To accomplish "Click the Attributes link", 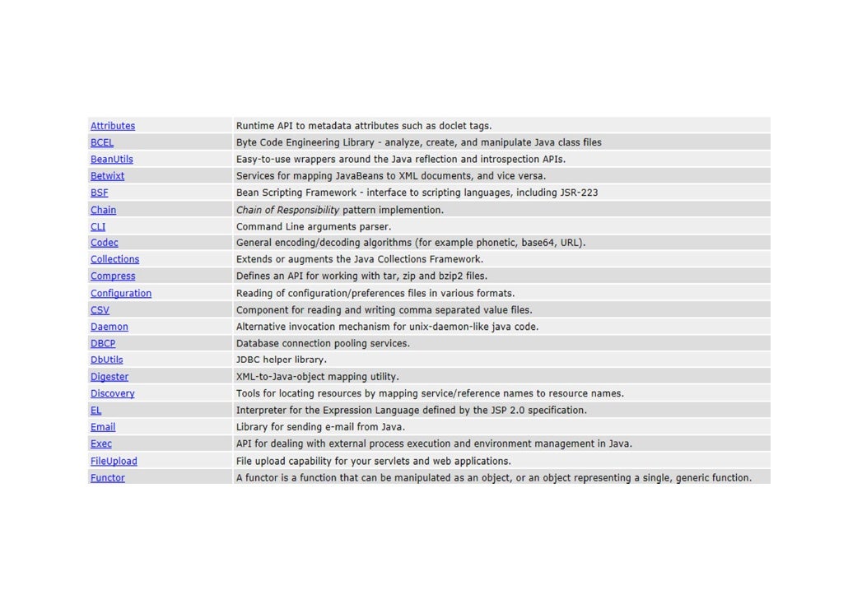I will coord(113,126).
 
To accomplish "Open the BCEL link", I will coord(102,142).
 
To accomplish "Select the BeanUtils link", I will coord(111,160).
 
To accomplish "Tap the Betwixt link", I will coord(107,176).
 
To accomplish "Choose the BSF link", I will coord(99,193).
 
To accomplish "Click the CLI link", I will coord(98,226).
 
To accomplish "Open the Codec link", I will coord(104,243).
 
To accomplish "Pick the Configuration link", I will coord(121,293).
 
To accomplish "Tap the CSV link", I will coord(100,310).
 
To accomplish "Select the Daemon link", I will coord(109,327).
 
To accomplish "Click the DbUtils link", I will coord(106,360).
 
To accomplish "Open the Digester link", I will coord(109,377).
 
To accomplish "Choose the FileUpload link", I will coord(114,461).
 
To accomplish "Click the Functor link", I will coord(108,477).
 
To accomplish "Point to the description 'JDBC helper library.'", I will coord(282,360).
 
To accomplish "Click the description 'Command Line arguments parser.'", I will coord(314,226).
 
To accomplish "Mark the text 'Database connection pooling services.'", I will coord(323,343).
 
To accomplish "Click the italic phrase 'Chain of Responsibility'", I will coord(287,210).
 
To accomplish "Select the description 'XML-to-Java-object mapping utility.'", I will coord(318,377).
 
